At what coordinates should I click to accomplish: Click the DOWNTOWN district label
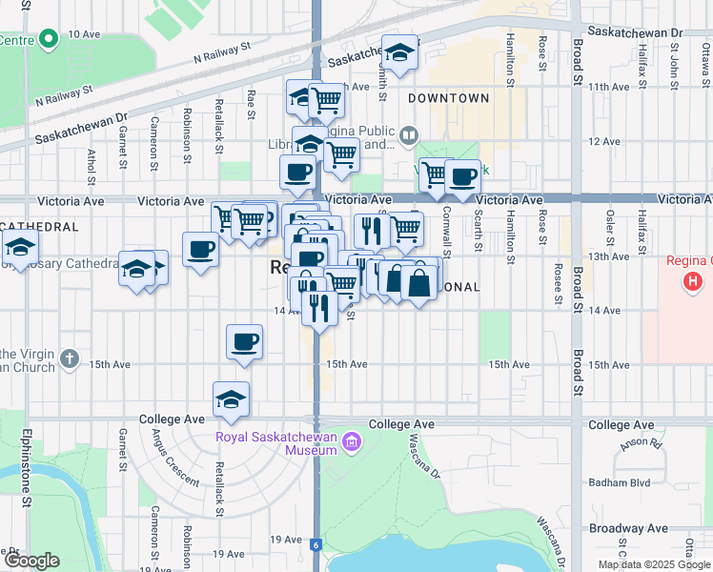448,98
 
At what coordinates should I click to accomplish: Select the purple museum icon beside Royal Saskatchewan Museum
352,441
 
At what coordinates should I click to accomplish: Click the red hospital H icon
694,282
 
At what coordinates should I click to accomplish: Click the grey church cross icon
68,359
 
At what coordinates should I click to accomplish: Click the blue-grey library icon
408,135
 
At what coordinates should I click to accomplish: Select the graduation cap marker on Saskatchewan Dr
400,52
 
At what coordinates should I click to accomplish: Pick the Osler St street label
608,230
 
